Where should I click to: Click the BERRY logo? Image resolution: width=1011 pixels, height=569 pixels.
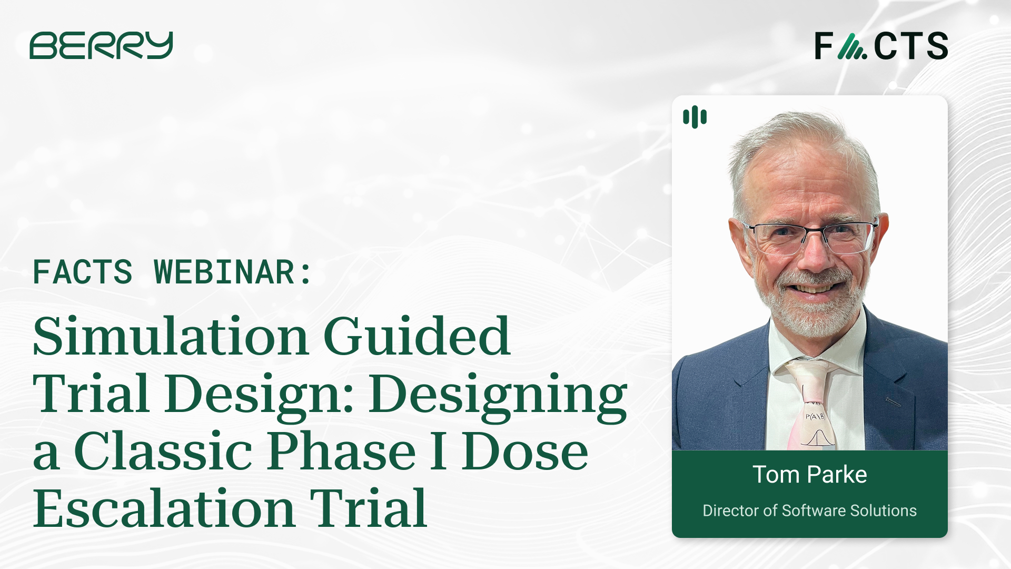[x=101, y=45]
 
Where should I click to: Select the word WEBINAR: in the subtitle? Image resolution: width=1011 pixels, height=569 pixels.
[x=233, y=272]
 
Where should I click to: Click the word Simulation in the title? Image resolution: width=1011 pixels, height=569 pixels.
[x=170, y=337]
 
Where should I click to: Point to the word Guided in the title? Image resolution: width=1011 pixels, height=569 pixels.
[x=417, y=337]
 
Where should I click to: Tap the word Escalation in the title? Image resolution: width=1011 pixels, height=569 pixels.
[x=164, y=509]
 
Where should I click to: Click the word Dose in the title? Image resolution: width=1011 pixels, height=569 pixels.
[x=525, y=452]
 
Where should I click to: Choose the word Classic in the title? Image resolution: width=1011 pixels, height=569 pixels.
[x=163, y=452]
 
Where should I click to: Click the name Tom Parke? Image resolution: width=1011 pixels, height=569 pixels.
[x=809, y=475]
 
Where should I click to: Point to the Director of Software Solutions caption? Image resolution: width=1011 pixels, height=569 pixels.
[x=809, y=511]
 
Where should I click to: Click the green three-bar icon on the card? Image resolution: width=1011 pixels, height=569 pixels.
[x=695, y=117]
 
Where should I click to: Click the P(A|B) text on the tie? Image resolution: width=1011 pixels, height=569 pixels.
[x=815, y=417]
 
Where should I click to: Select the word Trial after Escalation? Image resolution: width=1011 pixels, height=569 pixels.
[x=368, y=509]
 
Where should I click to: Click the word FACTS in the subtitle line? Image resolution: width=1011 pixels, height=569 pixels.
[x=83, y=272]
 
